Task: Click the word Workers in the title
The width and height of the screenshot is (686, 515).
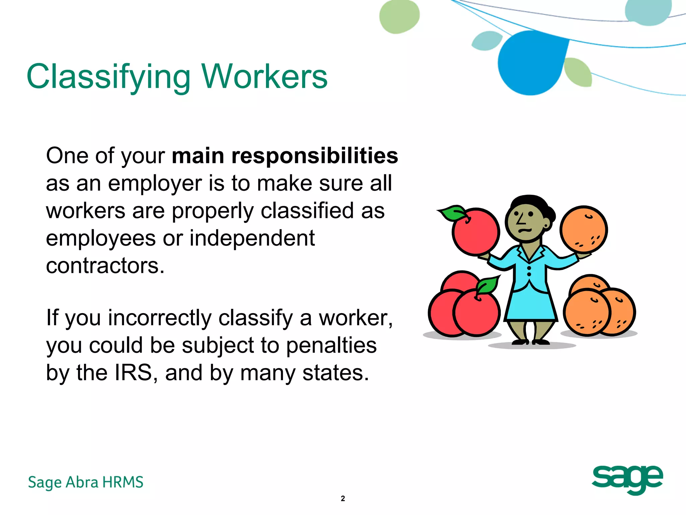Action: (265, 77)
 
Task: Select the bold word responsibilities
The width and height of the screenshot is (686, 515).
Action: (315, 156)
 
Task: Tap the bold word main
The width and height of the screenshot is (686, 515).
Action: (198, 156)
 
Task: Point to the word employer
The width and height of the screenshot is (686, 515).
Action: (155, 184)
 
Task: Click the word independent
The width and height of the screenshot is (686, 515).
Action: (252, 238)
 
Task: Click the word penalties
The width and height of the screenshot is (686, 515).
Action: (331, 345)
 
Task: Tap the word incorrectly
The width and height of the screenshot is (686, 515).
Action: (159, 318)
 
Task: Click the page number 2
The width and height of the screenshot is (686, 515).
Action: (343, 499)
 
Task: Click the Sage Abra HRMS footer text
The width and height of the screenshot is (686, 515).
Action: (86, 482)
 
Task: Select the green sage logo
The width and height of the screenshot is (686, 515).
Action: (627, 479)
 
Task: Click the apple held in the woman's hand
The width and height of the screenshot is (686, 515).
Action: (476, 232)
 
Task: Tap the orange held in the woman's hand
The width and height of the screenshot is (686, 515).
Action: (584, 229)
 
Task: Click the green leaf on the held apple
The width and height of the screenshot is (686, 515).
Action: (452, 213)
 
